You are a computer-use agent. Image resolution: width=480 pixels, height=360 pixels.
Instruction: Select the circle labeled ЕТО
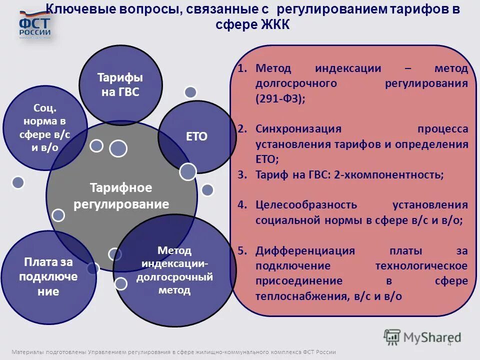coord(196,136)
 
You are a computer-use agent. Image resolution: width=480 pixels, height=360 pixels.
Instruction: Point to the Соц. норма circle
coord(45,127)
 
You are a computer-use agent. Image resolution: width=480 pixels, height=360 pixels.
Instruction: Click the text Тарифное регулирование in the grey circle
coord(121,196)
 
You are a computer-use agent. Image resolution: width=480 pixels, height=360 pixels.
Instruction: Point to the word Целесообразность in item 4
coord(306,205)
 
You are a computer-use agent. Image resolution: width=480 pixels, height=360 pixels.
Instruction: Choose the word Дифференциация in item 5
coord(305,251)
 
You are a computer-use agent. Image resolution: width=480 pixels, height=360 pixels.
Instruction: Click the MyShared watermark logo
coord(422,337)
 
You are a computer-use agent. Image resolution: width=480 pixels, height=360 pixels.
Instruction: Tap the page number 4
coord(449,343)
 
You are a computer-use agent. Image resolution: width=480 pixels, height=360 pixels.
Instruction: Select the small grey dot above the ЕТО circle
coord(190,92)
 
